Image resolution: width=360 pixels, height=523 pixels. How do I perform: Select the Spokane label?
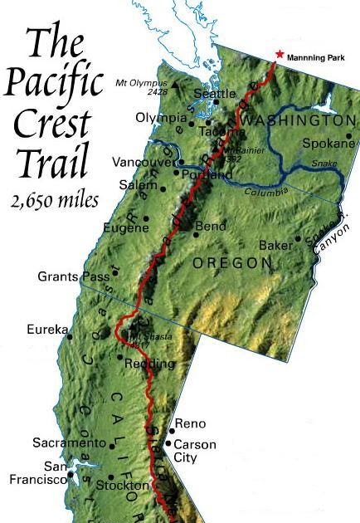coord(329,143)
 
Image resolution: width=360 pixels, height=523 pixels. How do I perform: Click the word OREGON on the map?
coord(232,262)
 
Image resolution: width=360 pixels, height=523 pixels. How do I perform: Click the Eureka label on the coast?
coord(46,330)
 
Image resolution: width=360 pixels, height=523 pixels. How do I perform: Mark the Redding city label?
coord(149,364)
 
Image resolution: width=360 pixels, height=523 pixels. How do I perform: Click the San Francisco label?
coord(33,472)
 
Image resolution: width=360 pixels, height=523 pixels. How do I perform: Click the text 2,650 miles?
coord(54,199)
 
